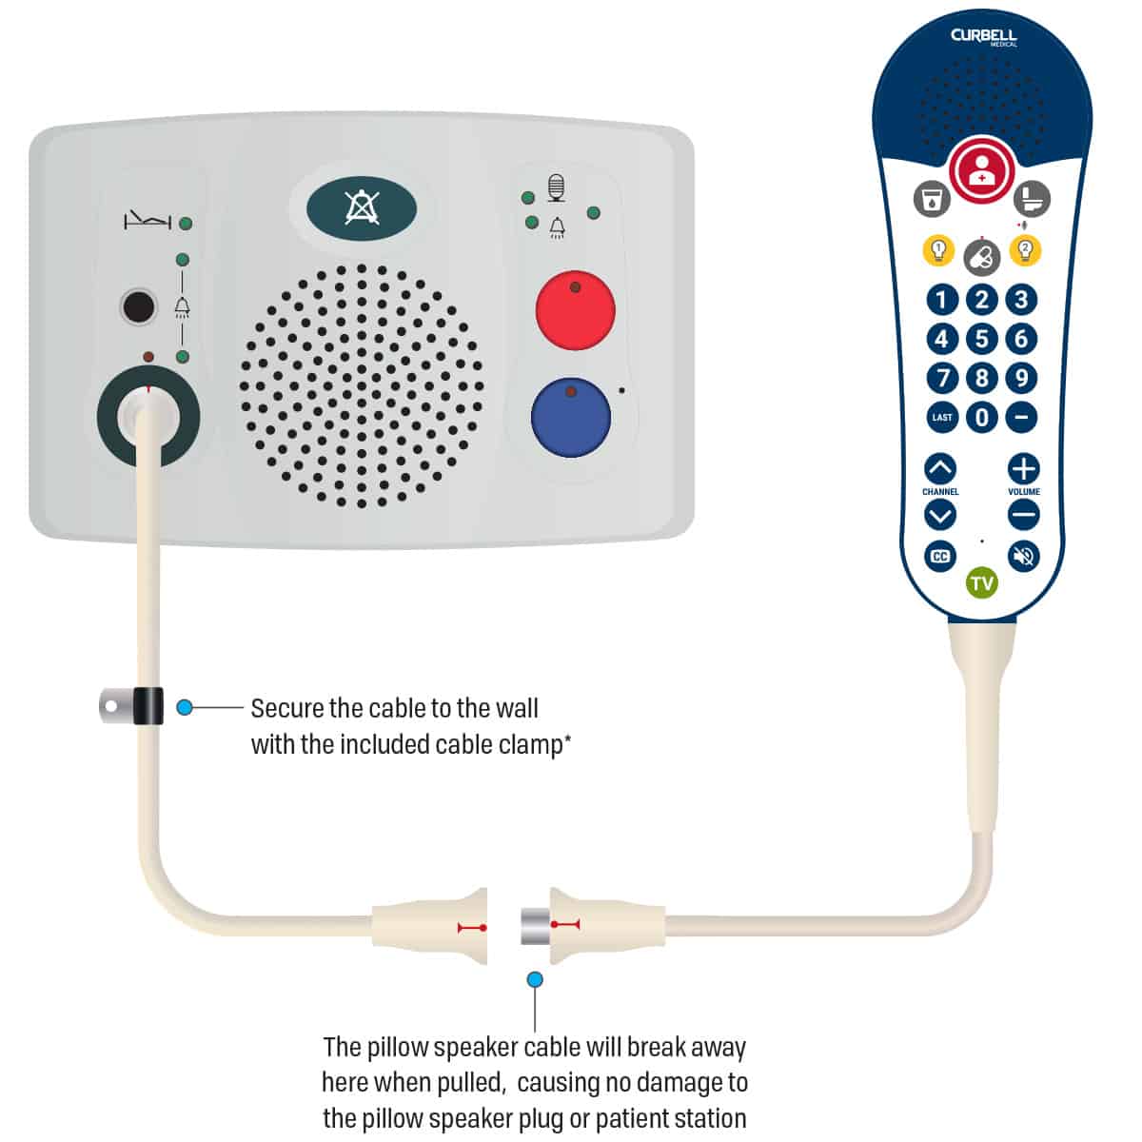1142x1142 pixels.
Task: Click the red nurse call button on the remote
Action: click(x=981, y=170)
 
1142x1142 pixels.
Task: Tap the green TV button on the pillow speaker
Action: click(x=981, y=583)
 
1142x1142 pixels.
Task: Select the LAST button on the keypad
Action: click(x=942, y=417)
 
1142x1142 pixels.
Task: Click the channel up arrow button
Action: click(x=940, y=469)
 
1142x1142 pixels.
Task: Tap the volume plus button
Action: click(x=1023, y=469)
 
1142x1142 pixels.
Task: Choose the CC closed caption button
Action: click(x=940, y=557)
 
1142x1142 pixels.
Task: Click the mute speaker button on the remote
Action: click(x=1023, y=557)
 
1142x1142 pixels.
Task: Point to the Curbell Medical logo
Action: click(x=983, y=37)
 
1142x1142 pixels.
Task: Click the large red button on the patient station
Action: click(x=575, y=310)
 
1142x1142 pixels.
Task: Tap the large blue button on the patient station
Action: click(x=571, y=417)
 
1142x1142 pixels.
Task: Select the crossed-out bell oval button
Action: click(x=362, y=208)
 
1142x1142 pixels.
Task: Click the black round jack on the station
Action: click(x=138, y=306)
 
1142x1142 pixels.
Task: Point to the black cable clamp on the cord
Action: click(x=148, y=706)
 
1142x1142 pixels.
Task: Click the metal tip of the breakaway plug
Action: click(x=536, y=927)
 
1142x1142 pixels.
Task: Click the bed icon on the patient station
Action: click(x=147, y=221)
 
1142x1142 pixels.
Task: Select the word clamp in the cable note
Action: click(x=530, y=745)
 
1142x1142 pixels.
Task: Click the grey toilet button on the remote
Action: click(x=1032, y=199)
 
